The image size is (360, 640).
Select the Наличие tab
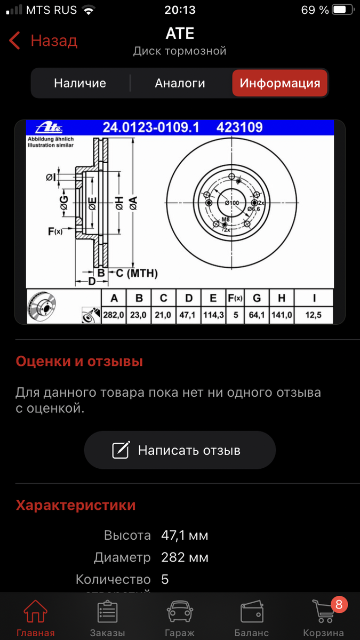pyautogui.click(x=80, y=83)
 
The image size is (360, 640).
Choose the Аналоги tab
pyautogui.click(x=180, y=83)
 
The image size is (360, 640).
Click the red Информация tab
pyautogui.click(x=279, y=83)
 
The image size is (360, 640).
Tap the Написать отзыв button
pyautogui.click(x=180, y=450)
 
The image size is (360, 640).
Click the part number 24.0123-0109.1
pyautogui.click(x=150, y=127)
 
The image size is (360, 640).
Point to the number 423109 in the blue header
pyautogui.click(x=239, y=127)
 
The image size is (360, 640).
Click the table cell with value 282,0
pyautogui.click(x=114, y=315)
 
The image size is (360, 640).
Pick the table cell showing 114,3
pyautogui.click(x=213, y=315)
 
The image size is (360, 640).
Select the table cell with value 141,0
pyautogui.click(x=282, y=315)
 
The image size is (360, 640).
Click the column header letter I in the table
pyautogui.click(x=314, y=298)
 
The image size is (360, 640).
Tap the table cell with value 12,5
pyautogui.click(x=314, y=315)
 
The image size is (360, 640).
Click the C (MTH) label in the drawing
pyautogui.click(x=137, y=274)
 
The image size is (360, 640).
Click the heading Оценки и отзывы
pyautogui.click(x=79, y=362)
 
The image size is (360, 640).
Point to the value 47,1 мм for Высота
pyautogui.click(x=185, y=535)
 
